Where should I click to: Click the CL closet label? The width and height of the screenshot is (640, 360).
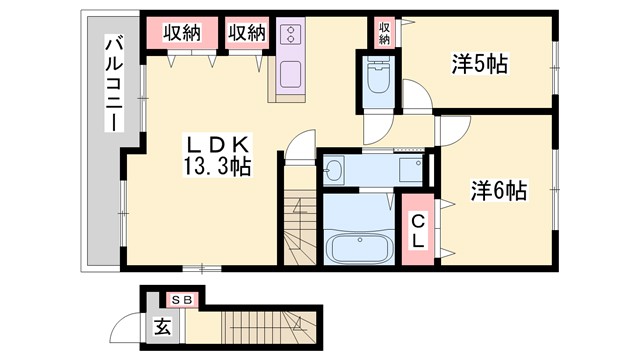point(418,233)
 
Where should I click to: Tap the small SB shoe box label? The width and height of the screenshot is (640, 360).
point(181,299)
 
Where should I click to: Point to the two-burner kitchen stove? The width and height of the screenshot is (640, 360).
point(292,37)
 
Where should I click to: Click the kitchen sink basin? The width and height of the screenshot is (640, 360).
point(292,75)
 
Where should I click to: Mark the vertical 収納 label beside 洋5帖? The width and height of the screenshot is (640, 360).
point(384,32)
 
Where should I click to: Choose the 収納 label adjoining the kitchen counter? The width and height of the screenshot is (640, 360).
point(246,33)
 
